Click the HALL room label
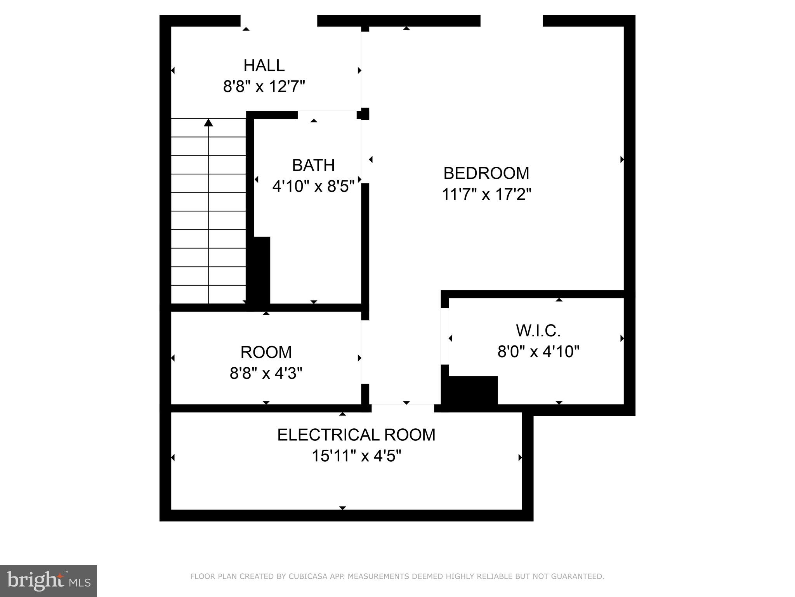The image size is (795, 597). [x=264, y=65]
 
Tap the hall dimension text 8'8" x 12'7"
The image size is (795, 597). [x=264, y=86]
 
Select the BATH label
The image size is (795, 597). [x=313, y=165]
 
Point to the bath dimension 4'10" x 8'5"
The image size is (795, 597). [x=313, y=187]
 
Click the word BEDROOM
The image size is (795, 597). [x=486, y=173]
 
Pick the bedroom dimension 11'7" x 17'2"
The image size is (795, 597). [x=486, y=194]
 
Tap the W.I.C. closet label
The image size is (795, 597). [x=538, y=331]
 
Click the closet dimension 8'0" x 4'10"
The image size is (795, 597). [x=538, y=352]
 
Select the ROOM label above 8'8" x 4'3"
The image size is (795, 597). [x=266, y=352]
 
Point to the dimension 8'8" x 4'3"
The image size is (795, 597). [x=266, y=374]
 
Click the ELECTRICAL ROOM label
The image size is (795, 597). [x=356, y=435]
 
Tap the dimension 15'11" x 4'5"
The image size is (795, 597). [x=356, y=456]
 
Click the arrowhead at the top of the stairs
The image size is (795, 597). [x=208, y=123]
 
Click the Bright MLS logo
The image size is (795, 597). [x=49, y=581]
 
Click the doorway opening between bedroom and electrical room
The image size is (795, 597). [x=403, y=408]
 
